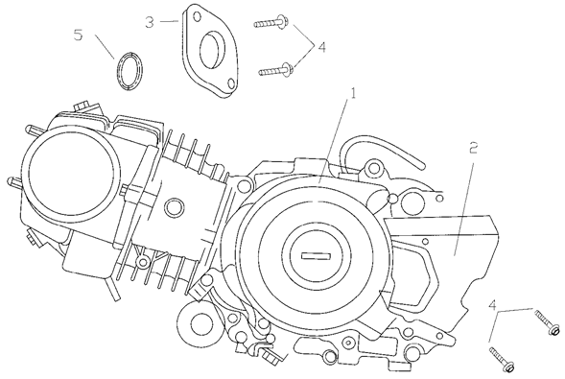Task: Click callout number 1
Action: click(353, 93)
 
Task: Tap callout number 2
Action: click(473, 148)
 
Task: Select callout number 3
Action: click(150, 22)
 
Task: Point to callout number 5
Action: click(79, 35)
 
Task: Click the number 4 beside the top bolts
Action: click(321, 47)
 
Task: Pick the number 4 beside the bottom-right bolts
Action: click(492, 305)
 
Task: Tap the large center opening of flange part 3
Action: click(213, 49)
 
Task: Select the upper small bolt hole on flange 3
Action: click(197, 16)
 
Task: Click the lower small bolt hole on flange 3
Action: click(231, 83)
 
